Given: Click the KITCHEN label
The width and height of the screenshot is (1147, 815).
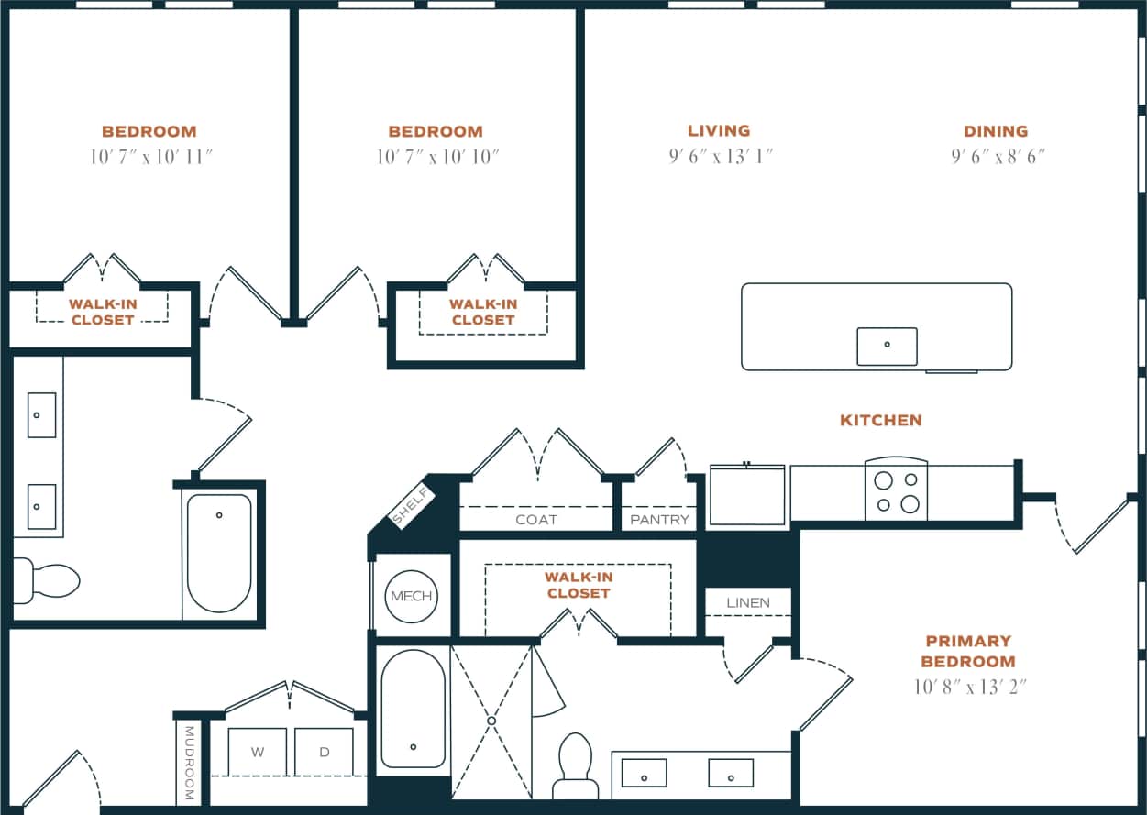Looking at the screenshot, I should [x=880, y=420].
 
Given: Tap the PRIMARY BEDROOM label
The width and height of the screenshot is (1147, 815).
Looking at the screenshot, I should [x=968, y=651].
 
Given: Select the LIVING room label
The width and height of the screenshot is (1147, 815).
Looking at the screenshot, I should [x=719, y=131].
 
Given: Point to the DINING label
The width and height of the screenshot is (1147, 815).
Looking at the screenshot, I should [x=995, y=131].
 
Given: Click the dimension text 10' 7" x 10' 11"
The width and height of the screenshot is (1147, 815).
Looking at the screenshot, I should [x=151, y=157].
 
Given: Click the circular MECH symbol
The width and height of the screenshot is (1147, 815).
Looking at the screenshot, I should [x=412, y=596].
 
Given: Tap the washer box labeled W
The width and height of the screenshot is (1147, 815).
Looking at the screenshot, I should [x=257, y=752].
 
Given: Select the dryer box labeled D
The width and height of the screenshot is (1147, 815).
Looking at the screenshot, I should [x=324, y=752].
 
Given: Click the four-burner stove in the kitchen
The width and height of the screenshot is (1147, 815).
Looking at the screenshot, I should [x=897, y=491].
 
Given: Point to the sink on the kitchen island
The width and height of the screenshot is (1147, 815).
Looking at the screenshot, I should [x=887, y=346].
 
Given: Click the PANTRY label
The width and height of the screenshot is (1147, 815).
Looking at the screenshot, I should [x=659, y=519].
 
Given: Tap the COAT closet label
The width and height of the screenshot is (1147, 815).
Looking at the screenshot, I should [x=535, y=519].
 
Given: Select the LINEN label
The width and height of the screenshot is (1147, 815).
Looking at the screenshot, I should [x=747, y=602].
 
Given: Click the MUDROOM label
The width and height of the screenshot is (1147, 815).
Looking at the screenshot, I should [x=189, y=763].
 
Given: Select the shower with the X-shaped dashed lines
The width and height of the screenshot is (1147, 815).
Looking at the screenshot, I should [x=491, y=721].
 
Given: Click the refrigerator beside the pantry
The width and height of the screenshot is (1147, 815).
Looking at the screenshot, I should [x=747, y=496].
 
